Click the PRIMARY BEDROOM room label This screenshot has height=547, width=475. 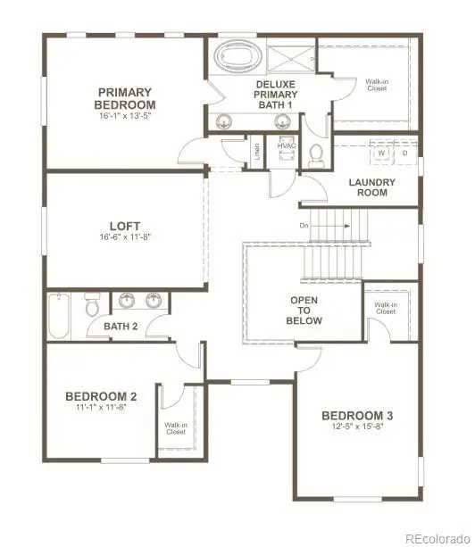pyautogui.click(x=125, y=98)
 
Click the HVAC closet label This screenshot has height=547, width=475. pyautogui.click(x=287, y=146)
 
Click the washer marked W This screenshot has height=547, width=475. pyautogui.click(x=381, y=153)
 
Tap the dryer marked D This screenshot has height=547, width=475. pyautogui.click(x=404, y=153)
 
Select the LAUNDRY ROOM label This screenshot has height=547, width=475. pyautogui.click(x=371, y=186)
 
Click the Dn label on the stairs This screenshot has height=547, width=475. pyautogui.click(x=304, y=225)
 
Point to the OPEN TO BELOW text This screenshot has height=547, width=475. pyautogui.click(x=305, y=311)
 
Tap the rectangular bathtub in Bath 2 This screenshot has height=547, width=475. pyautogui.click(x=59, y=315)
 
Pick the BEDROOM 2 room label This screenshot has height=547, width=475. pyautogui.click(x=100, y=396)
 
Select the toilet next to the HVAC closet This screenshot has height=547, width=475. pyautogui.click(x=314, y=155)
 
